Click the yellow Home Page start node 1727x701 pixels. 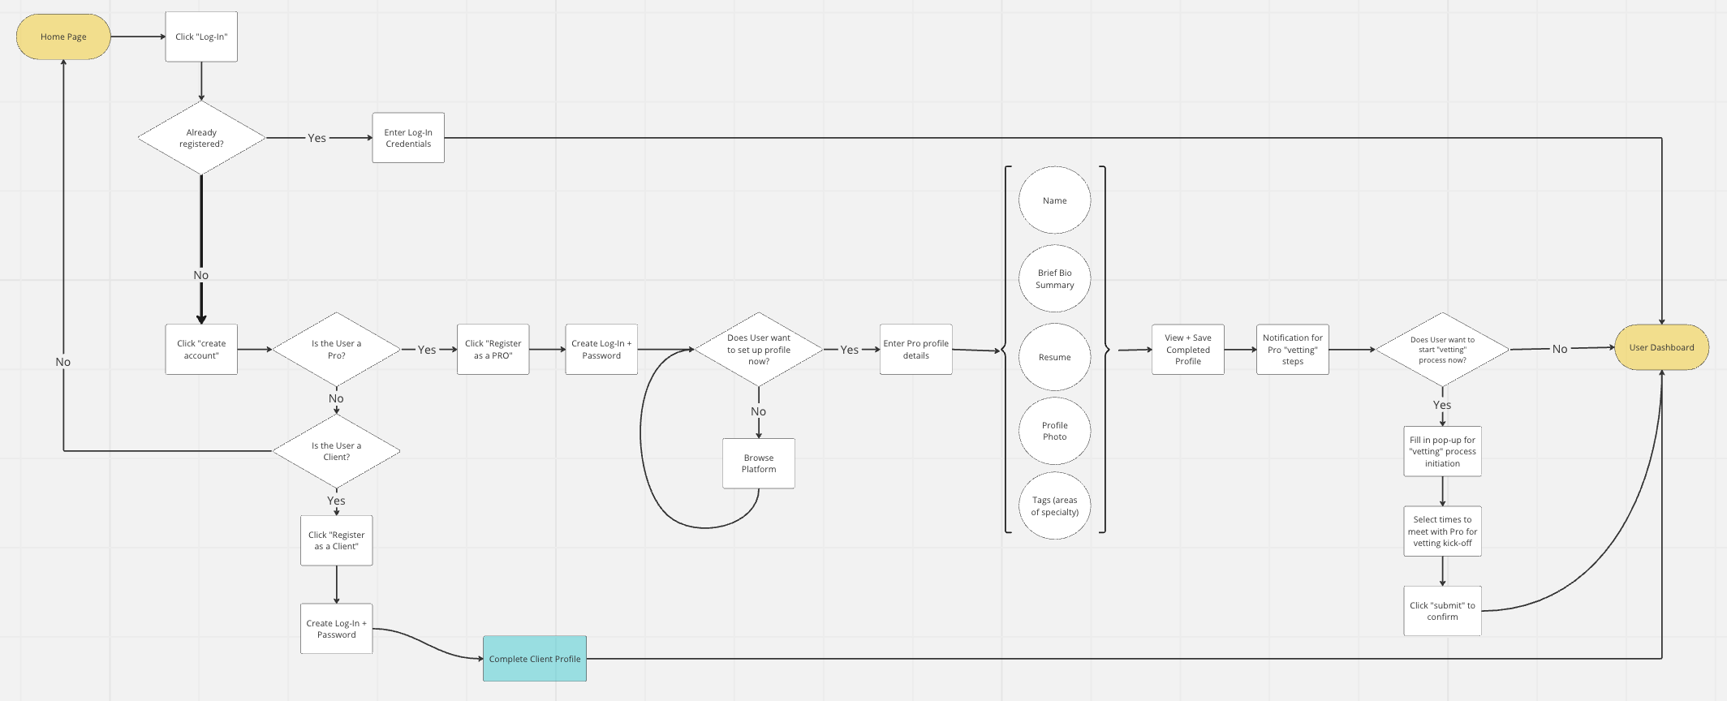[x=63, y=37]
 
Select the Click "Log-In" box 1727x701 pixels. [x=201, y=37]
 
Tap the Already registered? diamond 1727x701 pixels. [x=201, y=138]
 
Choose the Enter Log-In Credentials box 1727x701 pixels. [x=408, y=138]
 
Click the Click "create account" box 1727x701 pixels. [x=201, y=350]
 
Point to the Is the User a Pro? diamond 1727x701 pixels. [x=336, y=350]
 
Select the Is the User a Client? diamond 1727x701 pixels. [x=336, y=451]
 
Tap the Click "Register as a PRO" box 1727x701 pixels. [x=493, y=350]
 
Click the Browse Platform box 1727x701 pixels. [x=758, y=463]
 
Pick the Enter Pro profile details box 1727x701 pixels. [x=915, y=350]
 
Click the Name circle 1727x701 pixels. [x=1054, y=200]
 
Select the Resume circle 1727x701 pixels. [x=1054, y=357]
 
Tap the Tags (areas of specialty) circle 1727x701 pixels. [x=1054, y=506]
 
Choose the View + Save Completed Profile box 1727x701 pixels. [x=1187, y=350]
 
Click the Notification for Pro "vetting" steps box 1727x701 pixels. [x=1292, y=350]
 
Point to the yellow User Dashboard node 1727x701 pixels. [x=1661, y=347]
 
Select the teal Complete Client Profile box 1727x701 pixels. [x=534, y=659]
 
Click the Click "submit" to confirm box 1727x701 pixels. [x=1442, y=611]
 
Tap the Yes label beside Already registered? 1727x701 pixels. [x=317, y=138]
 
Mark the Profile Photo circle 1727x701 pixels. [x=1054, y=431]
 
